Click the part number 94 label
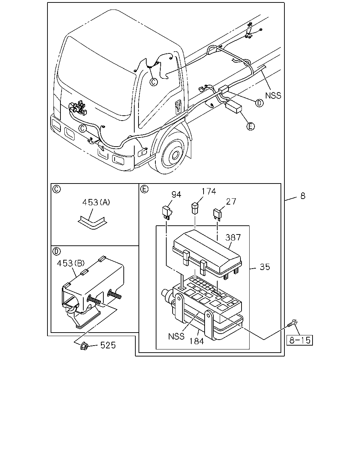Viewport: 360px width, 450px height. point(176,195)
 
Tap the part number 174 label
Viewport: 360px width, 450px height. point(209,191)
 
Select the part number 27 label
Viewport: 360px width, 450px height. point(231,201)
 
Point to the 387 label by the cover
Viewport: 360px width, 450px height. point(233,237)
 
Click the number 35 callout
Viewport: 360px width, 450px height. point(265,267)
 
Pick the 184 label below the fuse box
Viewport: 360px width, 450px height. point(197,341)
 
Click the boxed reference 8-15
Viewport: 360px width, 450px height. point(300,340)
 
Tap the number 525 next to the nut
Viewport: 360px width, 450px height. point(108,345)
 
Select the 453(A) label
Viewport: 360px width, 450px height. point(96,202)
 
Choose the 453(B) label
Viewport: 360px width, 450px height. point(71,263)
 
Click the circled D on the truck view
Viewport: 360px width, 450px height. point(259,103)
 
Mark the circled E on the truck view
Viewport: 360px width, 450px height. point(251,126)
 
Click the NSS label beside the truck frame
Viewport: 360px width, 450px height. point(273,96)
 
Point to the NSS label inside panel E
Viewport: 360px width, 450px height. point(176,336)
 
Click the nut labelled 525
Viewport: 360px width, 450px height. point(84,346)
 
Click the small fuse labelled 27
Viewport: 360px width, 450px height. point(217,214)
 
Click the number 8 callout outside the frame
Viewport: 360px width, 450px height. point(303,196)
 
